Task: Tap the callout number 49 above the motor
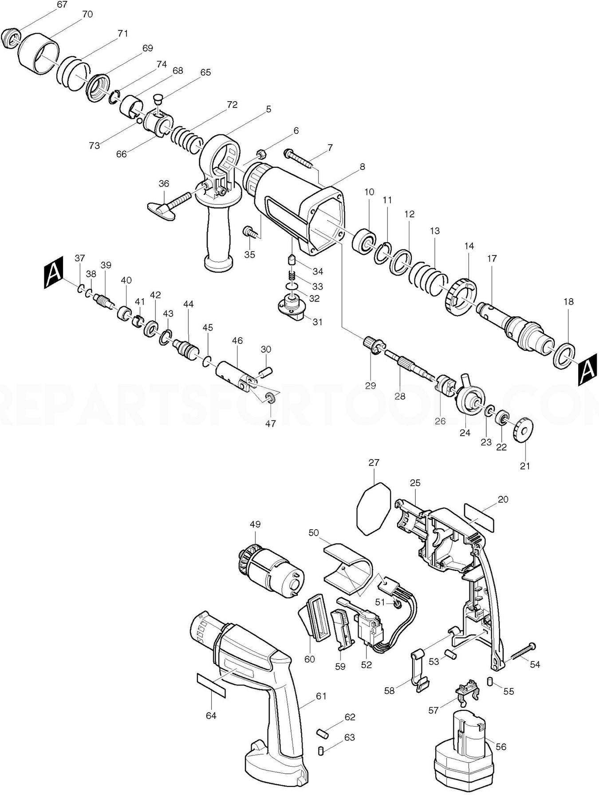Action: (255, 524)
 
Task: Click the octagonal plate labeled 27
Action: (374, 508)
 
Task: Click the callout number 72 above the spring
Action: (232, 105)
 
